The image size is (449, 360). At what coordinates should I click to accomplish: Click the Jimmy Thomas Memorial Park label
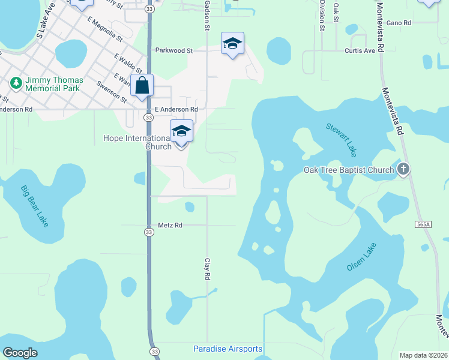pyautogui.click(x=53, y=84)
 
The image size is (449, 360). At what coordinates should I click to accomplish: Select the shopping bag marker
pyautogui.click(x=142, y=85)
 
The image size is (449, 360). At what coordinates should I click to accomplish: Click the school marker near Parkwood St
pyautogui.click(x=232, y=44)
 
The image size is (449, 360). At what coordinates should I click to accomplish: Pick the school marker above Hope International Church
pyautogui.click(x=181, y=131)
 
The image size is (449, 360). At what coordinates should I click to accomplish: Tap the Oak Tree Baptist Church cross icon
pyautogui.click(x=403, y=169)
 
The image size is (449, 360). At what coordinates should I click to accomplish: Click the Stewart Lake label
pyautogui.click(x=342, y=137)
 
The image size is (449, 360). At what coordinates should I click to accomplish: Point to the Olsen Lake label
pyautogui.click(x=361, y=257)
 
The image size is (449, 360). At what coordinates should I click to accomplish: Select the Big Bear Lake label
pyautogui.click(x=34, y=206)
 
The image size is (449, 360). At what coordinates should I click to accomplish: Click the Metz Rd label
pyautogui.click(x=170, y=225)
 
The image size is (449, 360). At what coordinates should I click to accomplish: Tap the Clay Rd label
pyautogui.click(x=208, y=269)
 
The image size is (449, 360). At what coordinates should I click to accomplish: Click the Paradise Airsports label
pyautogui.click(x=228, y=349)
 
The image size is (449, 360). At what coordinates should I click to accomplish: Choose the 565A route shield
pyautogui.click(x=423, y=224)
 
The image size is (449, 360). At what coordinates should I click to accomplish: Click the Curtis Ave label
pyautogui.click(x=360, y=51)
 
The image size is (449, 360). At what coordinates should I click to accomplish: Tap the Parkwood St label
pyautogui.click(x=173, y=51)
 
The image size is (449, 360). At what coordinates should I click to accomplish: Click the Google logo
pyautogui.click(x=20, y=352)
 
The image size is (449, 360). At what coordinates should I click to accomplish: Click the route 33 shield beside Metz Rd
pyautogui.click(x=149, y=232)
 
